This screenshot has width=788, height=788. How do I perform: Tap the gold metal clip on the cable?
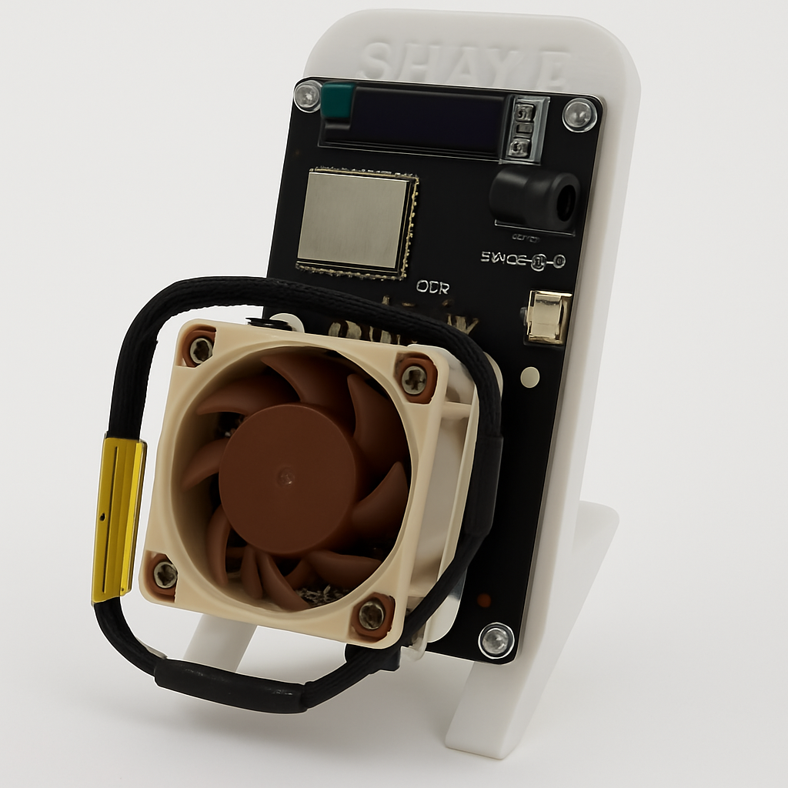(x=118, y=520)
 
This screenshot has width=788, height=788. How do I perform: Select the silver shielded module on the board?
(x=356, y=221)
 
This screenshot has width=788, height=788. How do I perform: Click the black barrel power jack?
(x=536, y=199)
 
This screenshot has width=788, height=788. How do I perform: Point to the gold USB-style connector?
(x=548, y=316)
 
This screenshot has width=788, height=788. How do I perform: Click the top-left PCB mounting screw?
(x=308, y=95)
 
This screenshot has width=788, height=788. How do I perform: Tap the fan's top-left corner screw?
(x=201, y=350)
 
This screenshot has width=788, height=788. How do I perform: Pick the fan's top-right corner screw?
(x=415, y=378)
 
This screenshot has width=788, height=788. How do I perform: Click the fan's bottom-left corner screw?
(x=165, y=573)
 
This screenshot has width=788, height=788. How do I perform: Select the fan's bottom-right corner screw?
(x=372, y=613)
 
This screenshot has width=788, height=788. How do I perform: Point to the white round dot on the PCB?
(x=529, y=377)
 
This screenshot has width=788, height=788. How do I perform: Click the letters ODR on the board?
(x=432, y=287)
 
